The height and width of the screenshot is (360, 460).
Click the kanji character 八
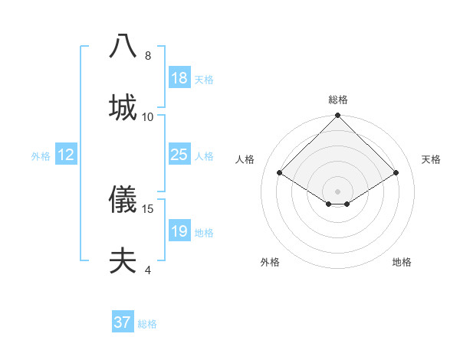point(123,46)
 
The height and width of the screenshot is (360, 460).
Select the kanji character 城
point(123,106)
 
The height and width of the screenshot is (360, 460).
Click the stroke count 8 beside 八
point(148,56)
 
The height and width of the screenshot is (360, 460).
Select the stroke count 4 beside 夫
point(148,270)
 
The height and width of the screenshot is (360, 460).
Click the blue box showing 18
point(179,78)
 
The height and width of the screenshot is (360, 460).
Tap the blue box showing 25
point(179,155)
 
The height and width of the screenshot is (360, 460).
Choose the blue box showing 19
point(179,231)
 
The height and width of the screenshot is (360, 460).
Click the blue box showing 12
point(66,155)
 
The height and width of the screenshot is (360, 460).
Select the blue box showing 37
point(122,322)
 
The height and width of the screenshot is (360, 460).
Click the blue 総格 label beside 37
point(147,324)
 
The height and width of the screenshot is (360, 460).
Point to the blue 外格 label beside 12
point(41,156)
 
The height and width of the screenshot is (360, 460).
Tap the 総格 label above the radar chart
point(337,100)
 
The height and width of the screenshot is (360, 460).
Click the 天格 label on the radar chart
point(432,159)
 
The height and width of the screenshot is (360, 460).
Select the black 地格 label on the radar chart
point(402,262)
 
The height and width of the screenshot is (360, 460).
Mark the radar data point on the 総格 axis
point(337,116)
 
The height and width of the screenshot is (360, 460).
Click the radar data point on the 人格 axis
point(280,173)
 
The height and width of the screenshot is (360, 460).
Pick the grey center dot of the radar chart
point(337,191)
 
